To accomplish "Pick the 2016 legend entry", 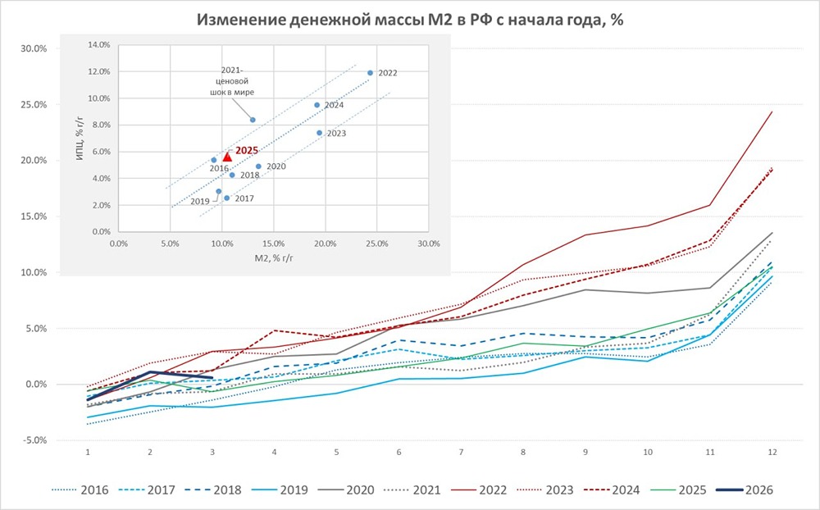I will pos(94,490).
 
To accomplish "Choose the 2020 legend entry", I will pos(359,490).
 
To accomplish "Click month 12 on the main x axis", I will pos(772,452).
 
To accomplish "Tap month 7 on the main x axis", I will pos(461,452).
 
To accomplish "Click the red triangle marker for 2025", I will pos(227,157).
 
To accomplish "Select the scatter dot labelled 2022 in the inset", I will pos(370,72).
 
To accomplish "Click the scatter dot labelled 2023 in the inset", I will pos(319,133).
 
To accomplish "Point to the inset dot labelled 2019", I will pos(219,191).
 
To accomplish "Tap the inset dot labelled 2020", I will pos(258,166).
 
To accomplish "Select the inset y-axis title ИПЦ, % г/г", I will pos(80,139).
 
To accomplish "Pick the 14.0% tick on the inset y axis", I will pos(98,45).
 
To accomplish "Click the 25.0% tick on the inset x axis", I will pos(376,244).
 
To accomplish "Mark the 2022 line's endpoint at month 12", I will pos(772,112).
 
